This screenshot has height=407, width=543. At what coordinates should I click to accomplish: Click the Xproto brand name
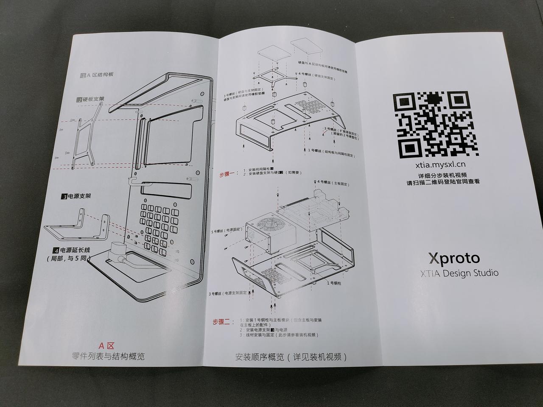[454, 258]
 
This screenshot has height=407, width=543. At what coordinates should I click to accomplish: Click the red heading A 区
[107, 346]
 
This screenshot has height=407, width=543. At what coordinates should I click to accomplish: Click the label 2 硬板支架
[90, 100]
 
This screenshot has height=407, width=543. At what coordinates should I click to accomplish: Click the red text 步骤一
[228, 174]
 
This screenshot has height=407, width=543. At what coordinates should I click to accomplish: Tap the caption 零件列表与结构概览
[108, 356]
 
